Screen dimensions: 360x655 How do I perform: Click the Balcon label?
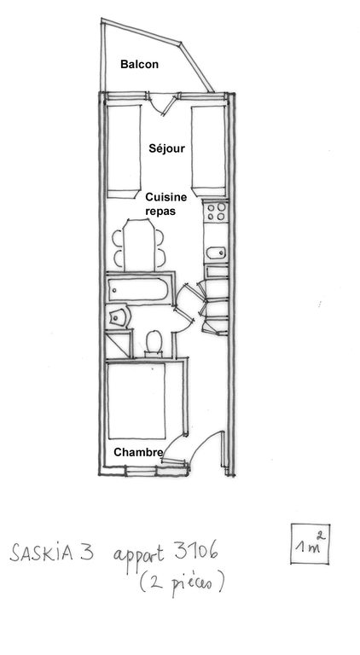point(139,64)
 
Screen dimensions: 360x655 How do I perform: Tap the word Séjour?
point(166,148)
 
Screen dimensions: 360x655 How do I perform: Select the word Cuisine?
point(165,197)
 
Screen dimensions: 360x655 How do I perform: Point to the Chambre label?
point(138,452)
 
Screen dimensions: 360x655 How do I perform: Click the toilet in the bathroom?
point(154,343)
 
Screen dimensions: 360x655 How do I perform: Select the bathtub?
point(138,289)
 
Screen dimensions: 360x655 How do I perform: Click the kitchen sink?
point(217,252)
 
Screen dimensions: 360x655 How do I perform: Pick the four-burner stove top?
point(217,212)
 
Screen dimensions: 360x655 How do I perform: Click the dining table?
point(140,246)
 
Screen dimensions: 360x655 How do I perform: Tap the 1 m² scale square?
point(310,543)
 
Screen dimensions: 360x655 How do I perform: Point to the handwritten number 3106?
point(196,551)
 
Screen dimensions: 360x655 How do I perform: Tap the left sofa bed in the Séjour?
point(124,151)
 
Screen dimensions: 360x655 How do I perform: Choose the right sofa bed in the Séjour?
point(208,151)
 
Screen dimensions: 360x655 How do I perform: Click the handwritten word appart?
point(140,554)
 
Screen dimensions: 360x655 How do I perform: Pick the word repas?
point(160,212)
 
